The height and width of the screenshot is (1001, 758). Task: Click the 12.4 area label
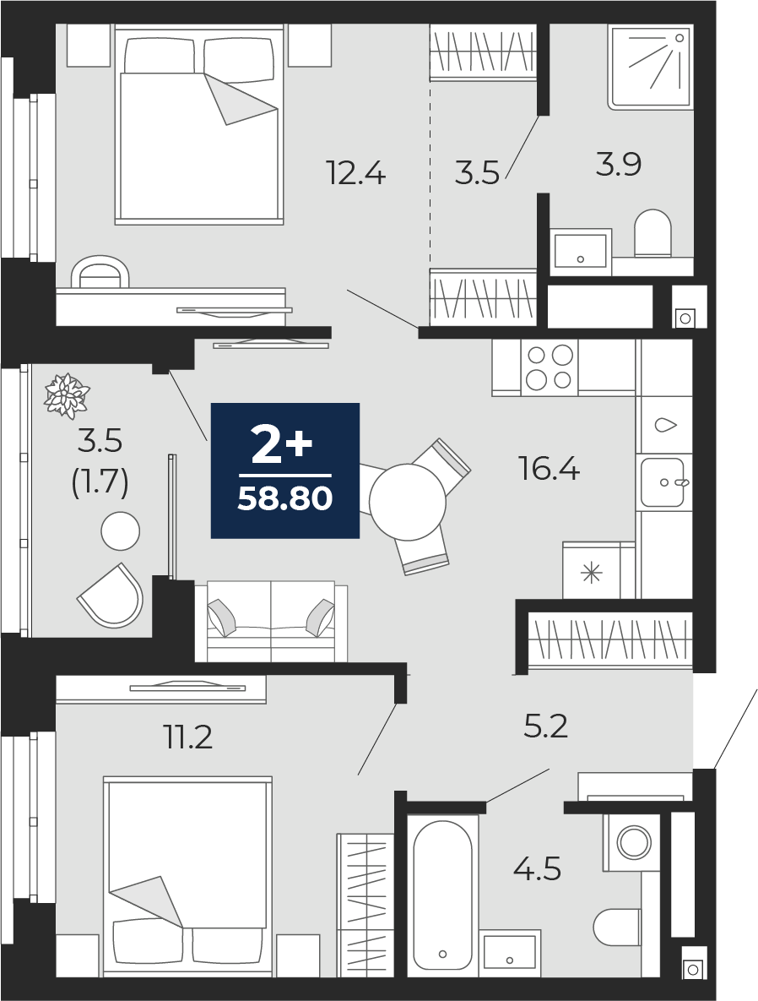pyautogui.click(x=356, y=172)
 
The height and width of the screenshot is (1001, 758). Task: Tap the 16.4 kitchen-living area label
pyautogui.click(x=550, y=469)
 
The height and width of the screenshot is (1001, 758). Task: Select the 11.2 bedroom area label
pyautogui.click(x=187, y=737)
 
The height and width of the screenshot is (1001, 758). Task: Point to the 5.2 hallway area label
pyautogui.click(x=545, y=726)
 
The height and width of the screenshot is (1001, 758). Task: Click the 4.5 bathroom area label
pyautogui.click(x=537, y=869)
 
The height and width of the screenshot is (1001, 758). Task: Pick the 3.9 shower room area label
pyautogui.click(x=618, y=164)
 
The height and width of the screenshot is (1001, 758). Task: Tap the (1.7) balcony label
pyautogui.click(x=100, y=482)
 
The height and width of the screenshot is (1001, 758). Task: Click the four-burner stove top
pyautogui.click(x=549, y=367)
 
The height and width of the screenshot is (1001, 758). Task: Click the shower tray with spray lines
pyautogui.click(x=650, y=67)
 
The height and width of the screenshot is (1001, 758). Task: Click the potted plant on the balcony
pyautogui.click(x=66, y=395)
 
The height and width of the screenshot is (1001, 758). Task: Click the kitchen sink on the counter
pyautogui.click(x=663, y=482)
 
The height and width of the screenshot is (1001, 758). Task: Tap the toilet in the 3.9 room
pyautogui.click(x=653, y=234)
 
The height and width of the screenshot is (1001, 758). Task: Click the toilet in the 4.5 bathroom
pyautogui.click(x=617, y=927)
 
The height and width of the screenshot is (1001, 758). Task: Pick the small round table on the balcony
pyautogui.click(x=120, y=530)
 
